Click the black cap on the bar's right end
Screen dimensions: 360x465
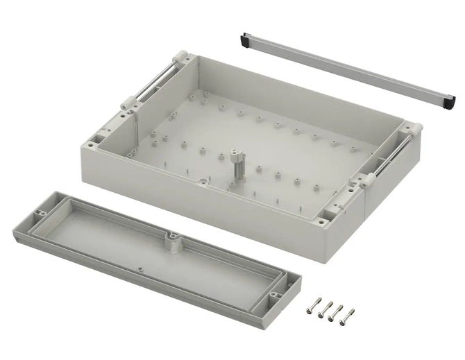pos(451,103)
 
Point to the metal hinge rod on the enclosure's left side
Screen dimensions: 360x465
pos(152,84)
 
